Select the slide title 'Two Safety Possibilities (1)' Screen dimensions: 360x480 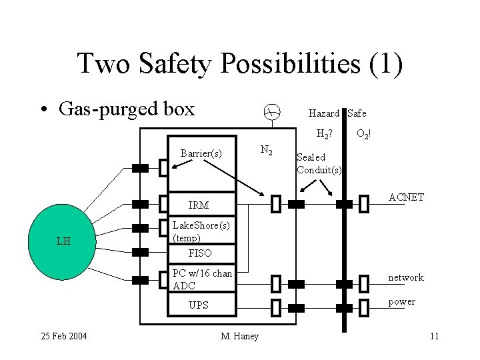click(x=239, y=63)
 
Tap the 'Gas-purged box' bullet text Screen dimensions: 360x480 click(x=127, y=108)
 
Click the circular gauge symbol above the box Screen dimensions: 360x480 click(x=269, y=113)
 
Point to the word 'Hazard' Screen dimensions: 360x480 click(x=324, y=113)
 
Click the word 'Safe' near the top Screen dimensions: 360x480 click(x=357, y=113)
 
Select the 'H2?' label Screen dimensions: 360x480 click(x=324, y=133)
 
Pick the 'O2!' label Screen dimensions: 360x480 click(x=364, y=133)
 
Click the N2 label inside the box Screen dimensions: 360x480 click(x=265, y=151)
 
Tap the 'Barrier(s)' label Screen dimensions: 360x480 click(x=201, y=153)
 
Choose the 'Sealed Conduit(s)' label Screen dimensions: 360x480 click(x=319, y=163)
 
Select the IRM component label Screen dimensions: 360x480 click(x=199, y=205)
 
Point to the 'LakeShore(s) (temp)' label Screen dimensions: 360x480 click(x=201, y=231)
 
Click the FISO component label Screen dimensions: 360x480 click(x=200, y=253)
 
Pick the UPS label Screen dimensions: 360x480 click(x=199, y=305)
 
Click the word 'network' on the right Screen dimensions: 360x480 click(x=406, y=277)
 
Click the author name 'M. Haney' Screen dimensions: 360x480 click(x=239, y=335)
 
